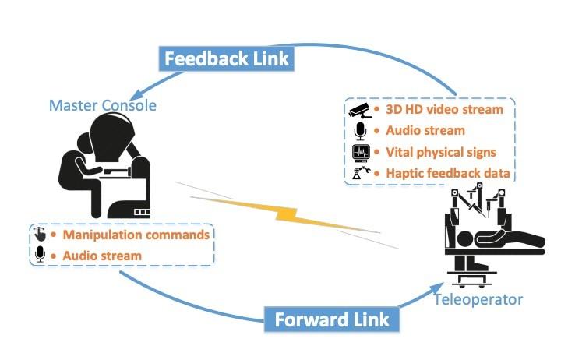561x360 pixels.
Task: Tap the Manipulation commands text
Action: click(x=135, y=235)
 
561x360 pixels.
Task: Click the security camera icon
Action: click(x=358, y=110)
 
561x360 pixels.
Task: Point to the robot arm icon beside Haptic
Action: click(x=360, y=173)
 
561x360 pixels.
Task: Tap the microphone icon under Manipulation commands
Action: click(x=40, y=255)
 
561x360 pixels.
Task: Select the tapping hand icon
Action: click(x=40, y=235)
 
